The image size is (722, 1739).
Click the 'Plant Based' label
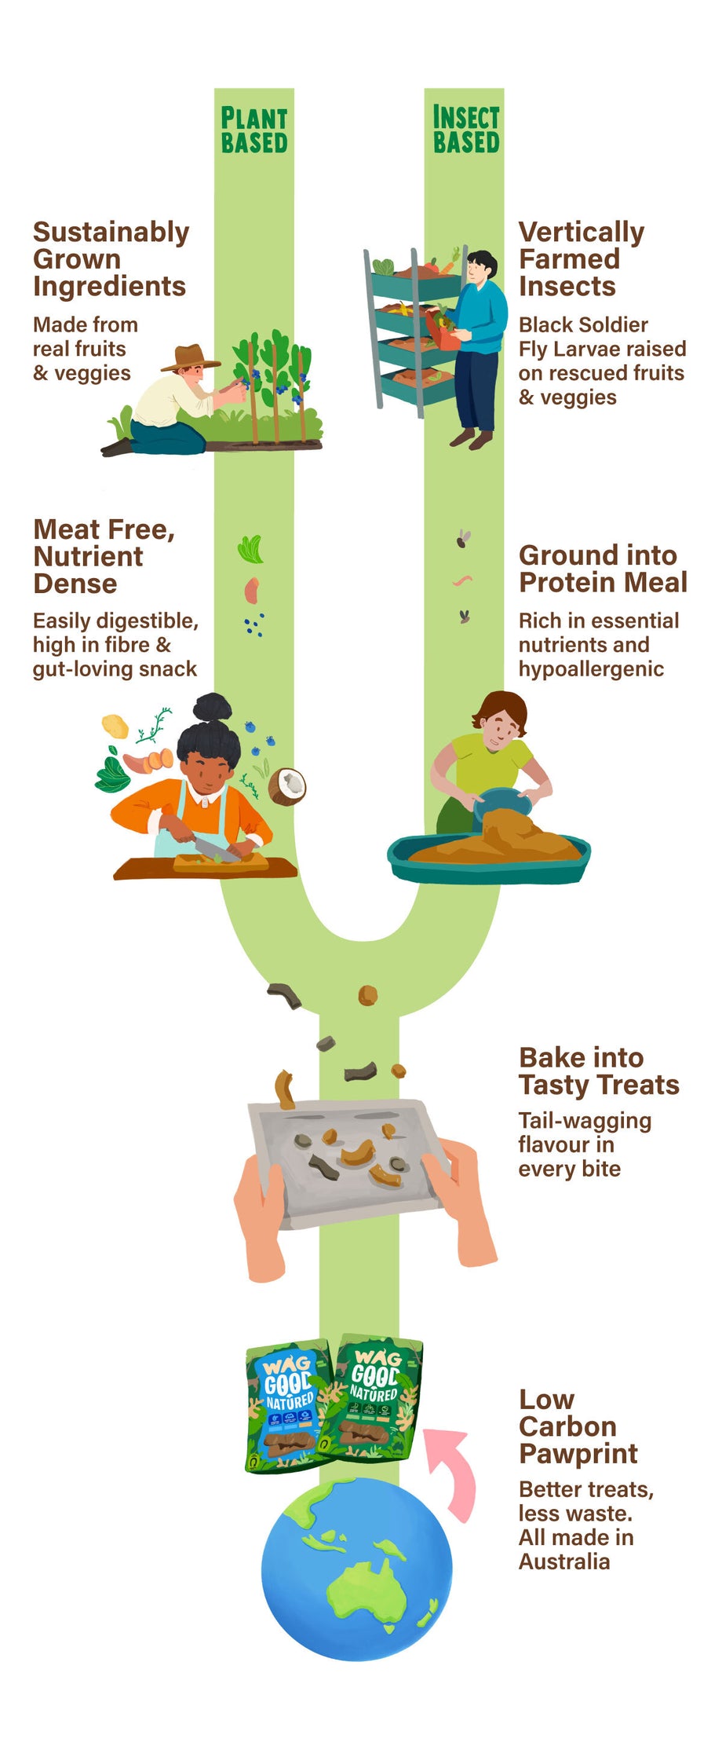tap(254, 130)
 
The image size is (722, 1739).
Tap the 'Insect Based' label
tap(466, 130)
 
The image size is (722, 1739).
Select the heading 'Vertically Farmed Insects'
tap(581, 258)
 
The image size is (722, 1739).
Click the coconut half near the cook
tap(286, 785)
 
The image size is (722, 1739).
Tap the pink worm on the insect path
tap(462, 581)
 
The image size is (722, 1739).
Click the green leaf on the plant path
tap(251, 549)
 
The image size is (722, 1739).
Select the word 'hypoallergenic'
tap(590, 669)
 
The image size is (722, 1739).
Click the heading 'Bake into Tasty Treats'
tap(598, 1071)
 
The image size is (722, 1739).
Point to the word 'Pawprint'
tap(578, 1454)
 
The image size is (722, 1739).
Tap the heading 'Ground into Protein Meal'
tap(602, 569)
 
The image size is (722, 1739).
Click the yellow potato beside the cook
tap(115, 726)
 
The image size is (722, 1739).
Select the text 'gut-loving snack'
tap(115, 669)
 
